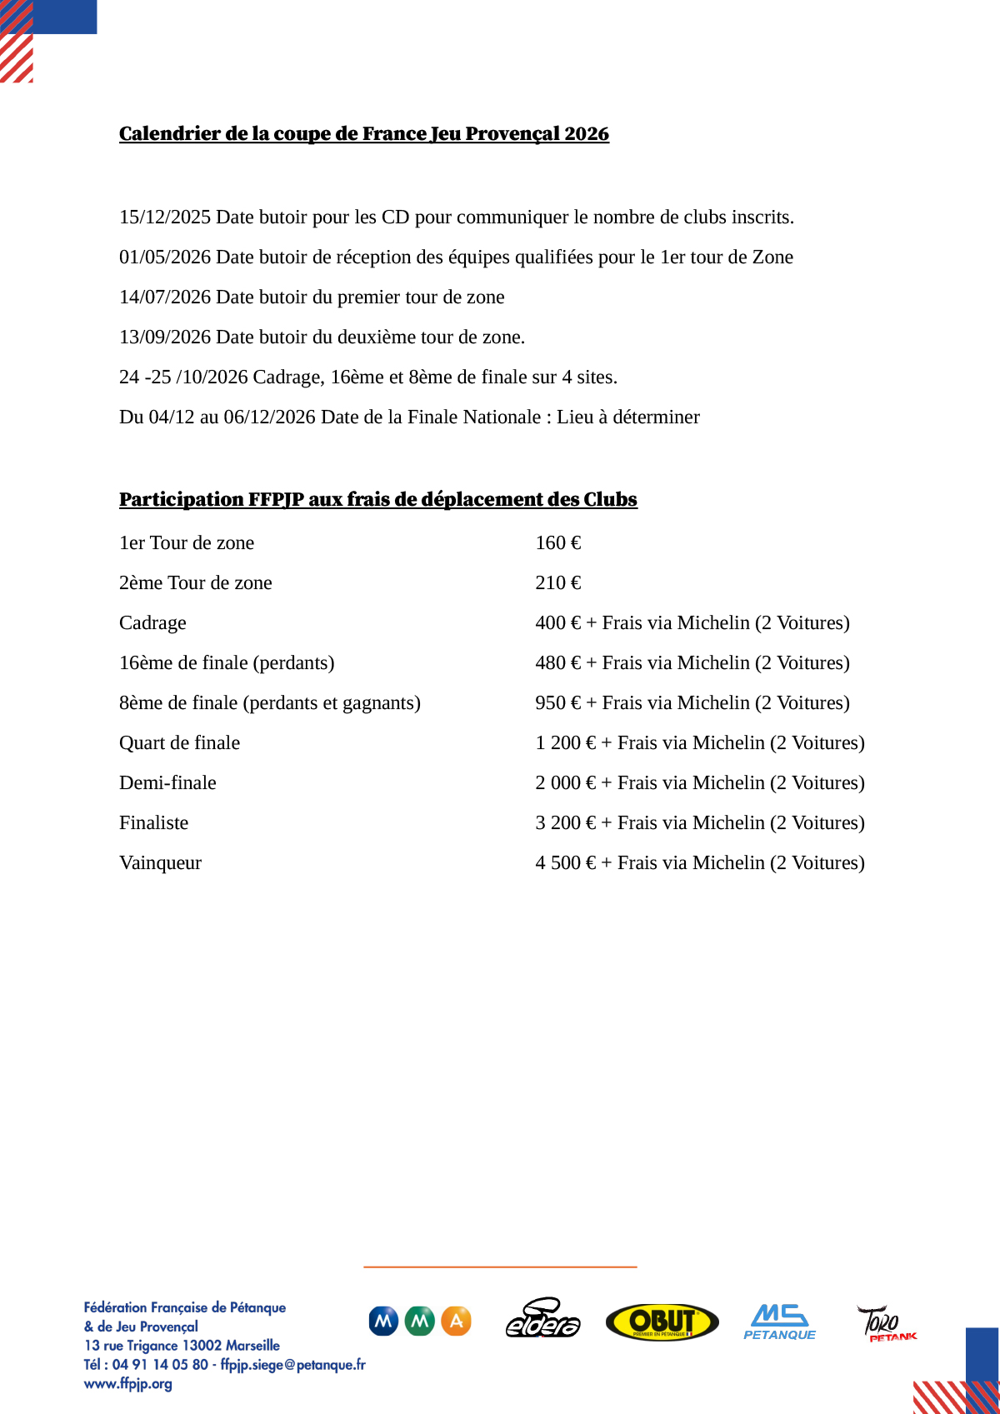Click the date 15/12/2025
tap(164, 217)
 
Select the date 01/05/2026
tap(164, 257)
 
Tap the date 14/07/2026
tap(164, 297)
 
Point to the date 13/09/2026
tap(164, 337)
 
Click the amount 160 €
tap(558, 543)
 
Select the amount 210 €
tap(558, 583)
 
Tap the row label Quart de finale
tap(179, 743)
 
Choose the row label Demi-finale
tap(167, 783)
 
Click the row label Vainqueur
tap(160, 863)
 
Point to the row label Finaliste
tap(153, 823)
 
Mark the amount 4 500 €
tap(566, 863)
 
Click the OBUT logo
tap(662, 1322)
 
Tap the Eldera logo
tap(542, 1319)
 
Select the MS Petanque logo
tap(779, 1322)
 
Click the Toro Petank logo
tap(885, 1323)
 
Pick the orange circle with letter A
tap(456, 1321)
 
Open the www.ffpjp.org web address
tap(128, 1384)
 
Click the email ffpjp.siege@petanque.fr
tap(292, 1365)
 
